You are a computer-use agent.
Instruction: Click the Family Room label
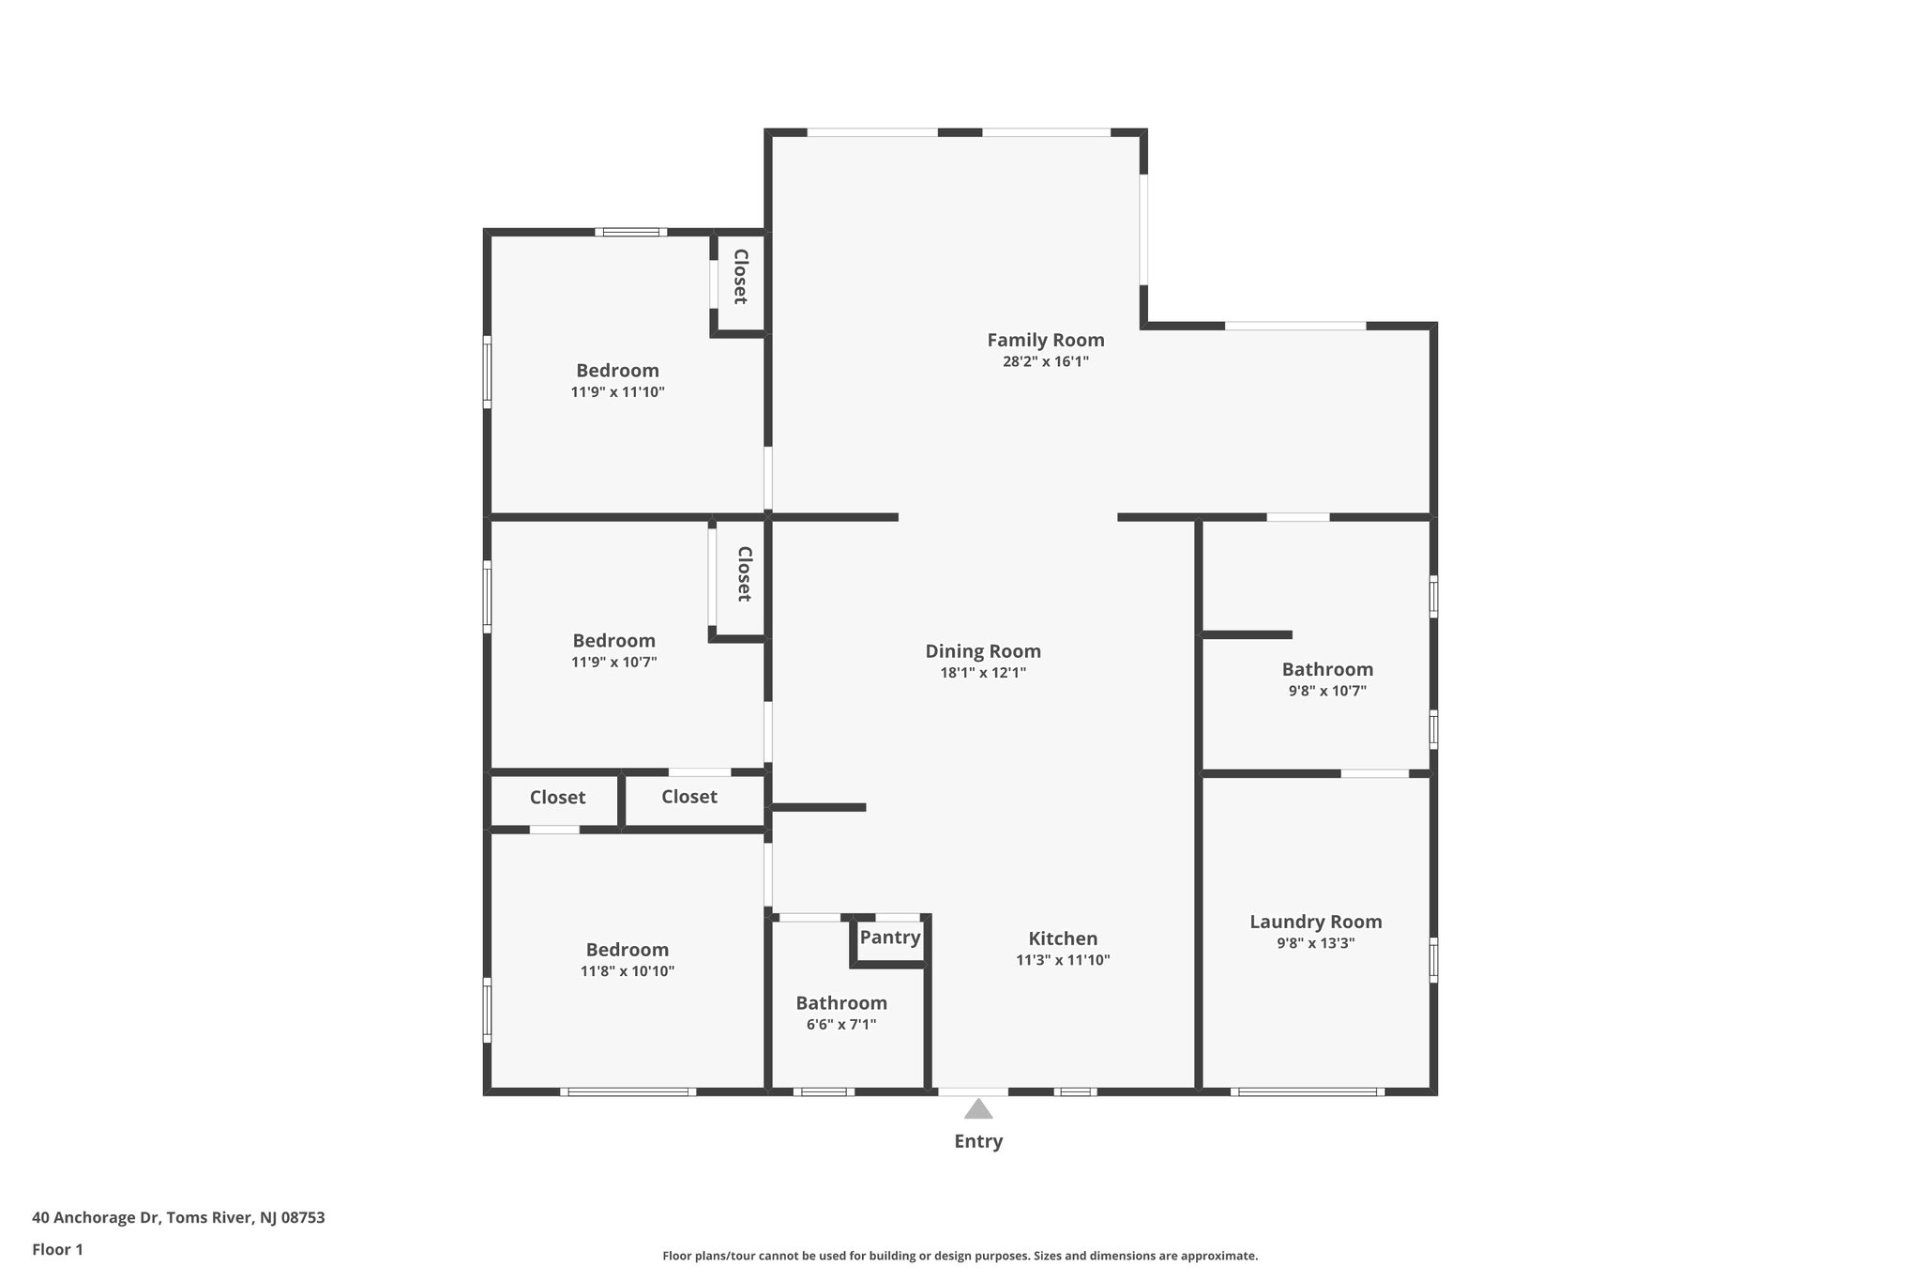point(1045,340)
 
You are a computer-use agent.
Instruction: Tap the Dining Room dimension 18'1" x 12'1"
point(983,673)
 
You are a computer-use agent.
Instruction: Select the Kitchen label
point(1063,938)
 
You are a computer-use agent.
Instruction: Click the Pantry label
point(890,938)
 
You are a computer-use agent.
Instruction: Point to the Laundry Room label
point(1315,922)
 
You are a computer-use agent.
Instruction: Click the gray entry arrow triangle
point(978,1110)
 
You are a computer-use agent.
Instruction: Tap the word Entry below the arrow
point(978,1141)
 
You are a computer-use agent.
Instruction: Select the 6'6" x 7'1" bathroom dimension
point(841,1025)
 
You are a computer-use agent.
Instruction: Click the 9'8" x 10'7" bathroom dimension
point(1327,691)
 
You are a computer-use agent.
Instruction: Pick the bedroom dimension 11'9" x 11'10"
point(617,392)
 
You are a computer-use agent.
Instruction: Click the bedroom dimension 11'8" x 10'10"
point(627,971)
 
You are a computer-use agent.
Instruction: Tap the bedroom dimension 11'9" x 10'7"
point(613,663)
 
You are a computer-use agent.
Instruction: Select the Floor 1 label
point(57,1250)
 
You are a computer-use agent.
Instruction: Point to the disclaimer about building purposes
point(960,1256)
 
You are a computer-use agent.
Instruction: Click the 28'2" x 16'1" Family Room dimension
point(1045,361)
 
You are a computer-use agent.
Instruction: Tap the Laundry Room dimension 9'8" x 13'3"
point(1315,943)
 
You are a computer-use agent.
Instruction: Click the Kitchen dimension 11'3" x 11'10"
point(1063,960)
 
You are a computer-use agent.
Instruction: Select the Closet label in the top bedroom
point(740,277)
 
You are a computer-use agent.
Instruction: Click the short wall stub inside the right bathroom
point(1248,635)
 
